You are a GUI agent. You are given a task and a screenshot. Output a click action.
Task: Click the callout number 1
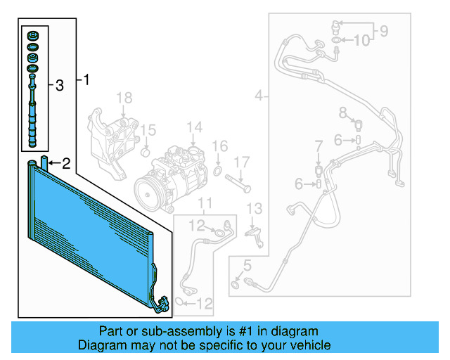86,79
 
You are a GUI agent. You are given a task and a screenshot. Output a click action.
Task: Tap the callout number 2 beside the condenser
65,165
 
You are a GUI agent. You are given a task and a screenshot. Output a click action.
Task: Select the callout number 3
59,86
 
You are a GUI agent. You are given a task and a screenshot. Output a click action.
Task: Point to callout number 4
259,95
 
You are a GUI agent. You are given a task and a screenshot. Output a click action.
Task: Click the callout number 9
384,30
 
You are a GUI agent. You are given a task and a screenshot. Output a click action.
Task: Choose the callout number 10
361,41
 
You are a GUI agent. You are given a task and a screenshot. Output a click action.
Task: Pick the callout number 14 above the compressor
195,127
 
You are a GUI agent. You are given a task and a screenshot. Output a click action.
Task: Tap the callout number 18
124,97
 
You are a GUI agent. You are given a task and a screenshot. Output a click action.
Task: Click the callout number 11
205,204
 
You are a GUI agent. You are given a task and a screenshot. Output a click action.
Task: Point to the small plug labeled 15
146,151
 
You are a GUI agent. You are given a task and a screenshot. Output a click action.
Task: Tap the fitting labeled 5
234,283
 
